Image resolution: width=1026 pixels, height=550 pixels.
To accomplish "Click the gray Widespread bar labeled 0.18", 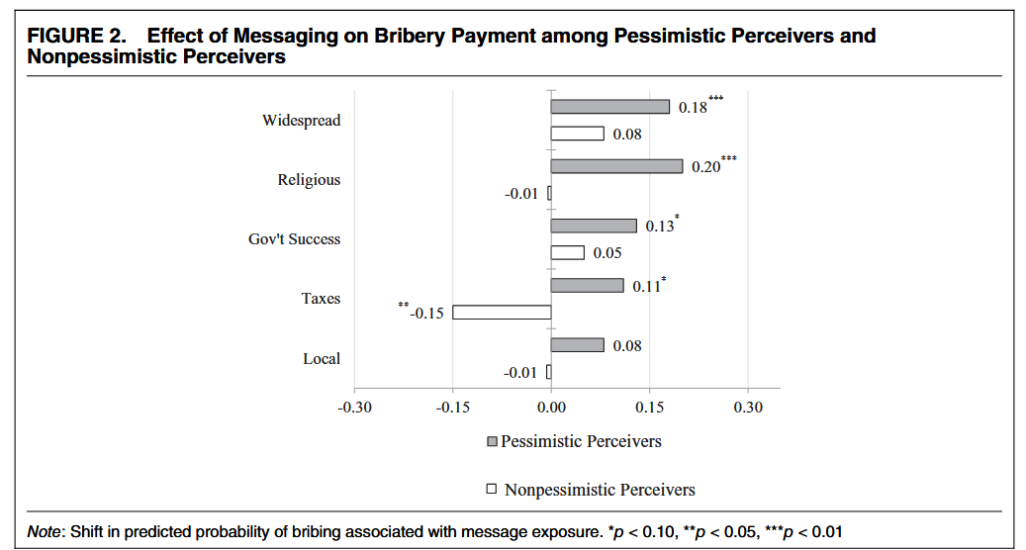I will coord(609,107).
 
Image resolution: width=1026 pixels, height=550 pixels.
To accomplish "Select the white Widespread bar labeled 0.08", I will coord(577,134).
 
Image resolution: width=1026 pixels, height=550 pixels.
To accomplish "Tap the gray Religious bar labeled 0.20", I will coord(616,166).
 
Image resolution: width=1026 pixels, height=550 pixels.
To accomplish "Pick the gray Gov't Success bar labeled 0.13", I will coord(593,226).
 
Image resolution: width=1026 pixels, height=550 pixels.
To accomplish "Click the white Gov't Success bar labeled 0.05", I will coord(567,252).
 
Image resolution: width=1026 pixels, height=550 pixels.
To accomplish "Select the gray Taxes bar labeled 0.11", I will coord(587,286).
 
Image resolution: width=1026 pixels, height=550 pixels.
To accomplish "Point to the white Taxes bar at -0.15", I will coord(502,313).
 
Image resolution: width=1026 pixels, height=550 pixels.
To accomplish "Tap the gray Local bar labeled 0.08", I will coord(577,345).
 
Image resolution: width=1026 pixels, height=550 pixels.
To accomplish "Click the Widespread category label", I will coord(301,121).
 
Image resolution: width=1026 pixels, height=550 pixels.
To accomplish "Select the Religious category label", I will coord(309,180).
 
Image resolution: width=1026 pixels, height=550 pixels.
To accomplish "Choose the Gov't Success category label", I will coord(294,239).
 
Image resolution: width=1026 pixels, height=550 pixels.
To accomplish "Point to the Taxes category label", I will coord(321,298).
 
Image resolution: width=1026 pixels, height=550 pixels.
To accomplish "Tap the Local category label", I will coord(322,358).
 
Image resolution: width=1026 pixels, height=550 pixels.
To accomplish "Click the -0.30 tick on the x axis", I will coord(354,407).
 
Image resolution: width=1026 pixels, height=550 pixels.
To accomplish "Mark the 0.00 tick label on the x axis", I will coord(551,407).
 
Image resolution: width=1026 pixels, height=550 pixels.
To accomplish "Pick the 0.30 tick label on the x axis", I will coord(748,407).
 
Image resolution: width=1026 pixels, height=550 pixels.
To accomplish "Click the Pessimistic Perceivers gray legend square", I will coord(492,441).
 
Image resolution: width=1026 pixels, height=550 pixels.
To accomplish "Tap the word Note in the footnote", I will coord(44,531).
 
